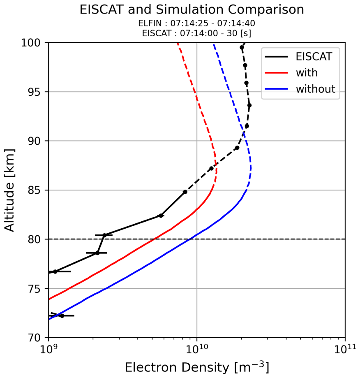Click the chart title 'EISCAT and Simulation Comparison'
(x=192, y=10)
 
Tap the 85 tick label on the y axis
(x=34, y=190)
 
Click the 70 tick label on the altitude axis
(x=34, y=338)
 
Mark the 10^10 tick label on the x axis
(x=196, y=349)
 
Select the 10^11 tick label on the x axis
(x=345, y=349)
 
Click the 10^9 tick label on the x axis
(x=48, y=349)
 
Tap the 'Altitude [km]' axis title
(x=10, y=190)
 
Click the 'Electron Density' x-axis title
(x=197, y=367)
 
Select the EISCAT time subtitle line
(x=196, y=34)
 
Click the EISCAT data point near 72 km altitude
(x=62, y=316)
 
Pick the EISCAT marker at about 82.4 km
(x=161, y=216)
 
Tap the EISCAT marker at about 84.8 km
(x=185, y=192)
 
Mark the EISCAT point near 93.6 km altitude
(x=249, y=105)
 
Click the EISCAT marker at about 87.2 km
(x=211, y=168)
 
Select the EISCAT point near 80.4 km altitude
(x=104, y=235)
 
